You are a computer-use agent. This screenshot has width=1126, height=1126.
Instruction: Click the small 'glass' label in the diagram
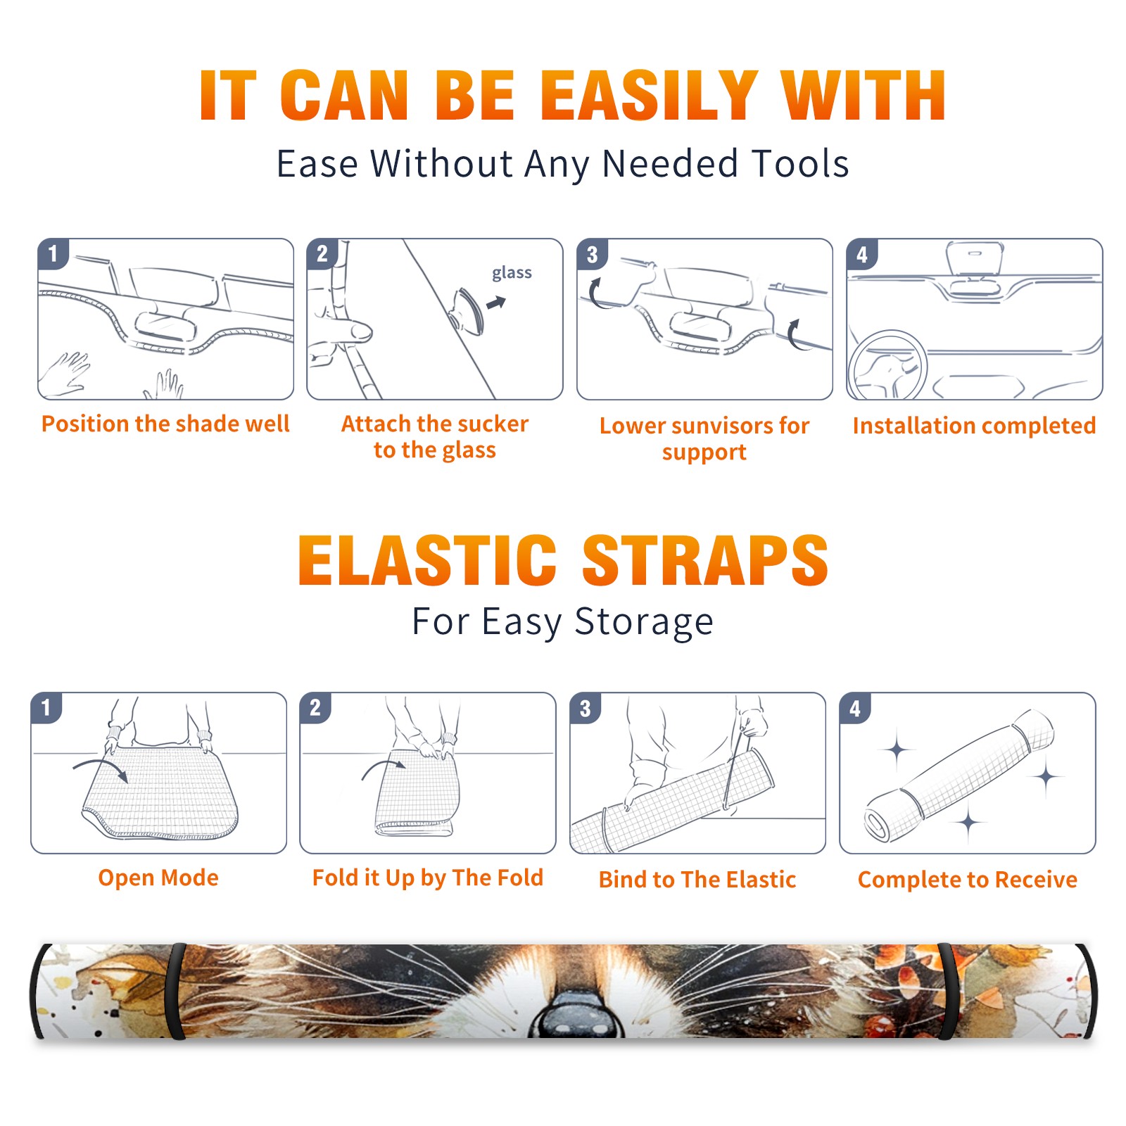(512, 272)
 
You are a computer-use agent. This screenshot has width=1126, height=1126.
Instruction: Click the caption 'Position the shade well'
(165, 424)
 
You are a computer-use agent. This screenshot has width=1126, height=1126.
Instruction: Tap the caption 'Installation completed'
(974, 426)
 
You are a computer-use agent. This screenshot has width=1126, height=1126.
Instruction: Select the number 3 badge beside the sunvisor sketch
(592, 254)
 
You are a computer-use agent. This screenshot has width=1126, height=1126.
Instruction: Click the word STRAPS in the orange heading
(705, 560)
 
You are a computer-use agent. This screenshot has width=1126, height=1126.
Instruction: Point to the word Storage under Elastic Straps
(644, 622)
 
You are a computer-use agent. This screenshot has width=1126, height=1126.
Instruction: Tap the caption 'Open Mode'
(158, 878)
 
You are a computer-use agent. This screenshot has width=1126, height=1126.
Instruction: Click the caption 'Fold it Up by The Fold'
(428, 878)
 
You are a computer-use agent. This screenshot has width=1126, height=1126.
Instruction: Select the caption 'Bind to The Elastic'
(697, 880)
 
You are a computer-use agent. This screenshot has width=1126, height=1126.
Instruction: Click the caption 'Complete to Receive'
(968, 880)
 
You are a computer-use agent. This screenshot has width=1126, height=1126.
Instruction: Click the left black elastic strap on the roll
(176, 992)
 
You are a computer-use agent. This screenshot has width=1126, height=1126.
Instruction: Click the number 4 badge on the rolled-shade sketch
(855, 708)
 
